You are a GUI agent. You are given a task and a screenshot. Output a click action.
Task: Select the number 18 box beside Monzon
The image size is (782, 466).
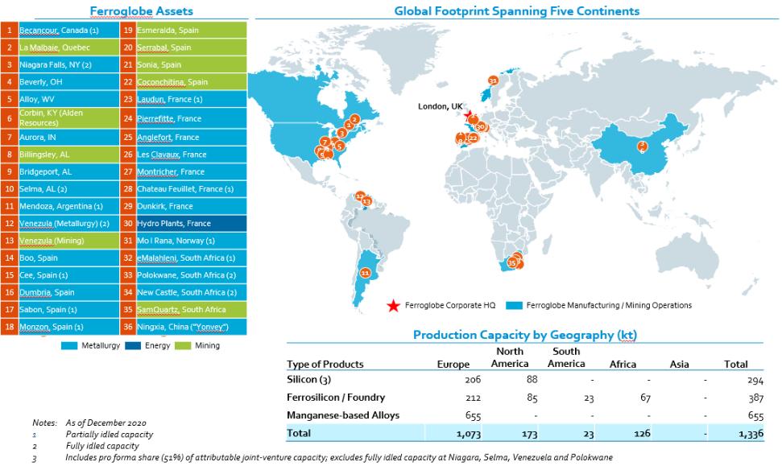9,327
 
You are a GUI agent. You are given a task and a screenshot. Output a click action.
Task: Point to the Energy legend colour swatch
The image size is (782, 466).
134,346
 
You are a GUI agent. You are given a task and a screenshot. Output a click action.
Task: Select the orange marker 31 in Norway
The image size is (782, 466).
493,81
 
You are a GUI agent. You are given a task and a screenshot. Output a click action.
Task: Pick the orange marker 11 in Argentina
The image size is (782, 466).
365,274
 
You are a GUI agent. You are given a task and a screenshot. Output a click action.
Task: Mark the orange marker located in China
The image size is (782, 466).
642,146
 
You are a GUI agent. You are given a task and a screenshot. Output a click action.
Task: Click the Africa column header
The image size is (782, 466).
623,364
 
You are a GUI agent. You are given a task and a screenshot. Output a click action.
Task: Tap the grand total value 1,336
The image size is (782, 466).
734,433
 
